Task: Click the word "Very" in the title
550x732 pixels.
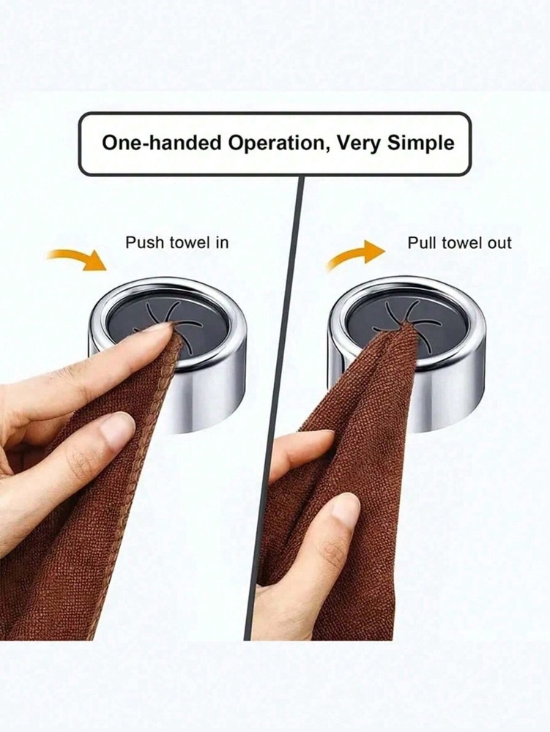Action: tap(349, 143)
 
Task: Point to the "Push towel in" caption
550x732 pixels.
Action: tap(176, 242)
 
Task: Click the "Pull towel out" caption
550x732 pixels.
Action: tap(459, 242)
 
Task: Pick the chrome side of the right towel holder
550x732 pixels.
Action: tap(458, 381)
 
